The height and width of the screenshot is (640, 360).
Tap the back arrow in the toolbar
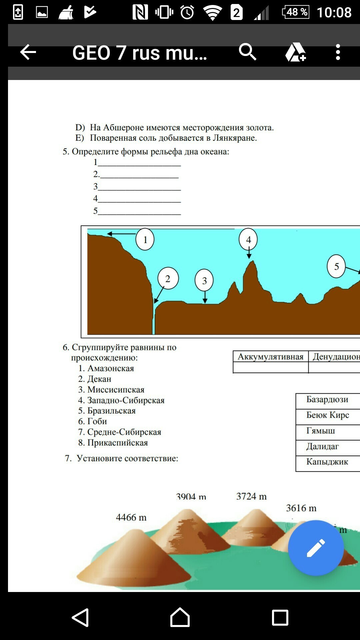[28, 52]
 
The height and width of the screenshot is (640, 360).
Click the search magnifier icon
[247, 52]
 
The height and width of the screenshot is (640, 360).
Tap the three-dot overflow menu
[338, 52]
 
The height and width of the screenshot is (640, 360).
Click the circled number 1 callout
[145, 239]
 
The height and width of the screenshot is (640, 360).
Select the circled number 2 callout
[168, 278]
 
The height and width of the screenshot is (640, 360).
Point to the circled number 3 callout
[204, 281]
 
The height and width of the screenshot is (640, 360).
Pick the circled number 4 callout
[248, 239]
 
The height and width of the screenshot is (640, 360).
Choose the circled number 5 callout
[336, 266]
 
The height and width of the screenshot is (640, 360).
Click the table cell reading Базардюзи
[327, 400]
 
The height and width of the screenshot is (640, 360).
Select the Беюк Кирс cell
[328, 415]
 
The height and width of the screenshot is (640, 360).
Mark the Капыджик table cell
[327, 462]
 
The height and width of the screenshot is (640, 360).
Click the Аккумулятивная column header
[270, 357]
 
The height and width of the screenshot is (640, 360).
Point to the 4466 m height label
[131, 517]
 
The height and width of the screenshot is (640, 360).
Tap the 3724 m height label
[251, 496]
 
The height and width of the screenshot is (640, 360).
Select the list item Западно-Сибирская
[126, 400]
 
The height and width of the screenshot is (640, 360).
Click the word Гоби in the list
[97, 421]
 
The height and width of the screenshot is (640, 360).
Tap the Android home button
[180, 617]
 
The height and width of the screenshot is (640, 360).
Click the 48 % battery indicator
[296, 12]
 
